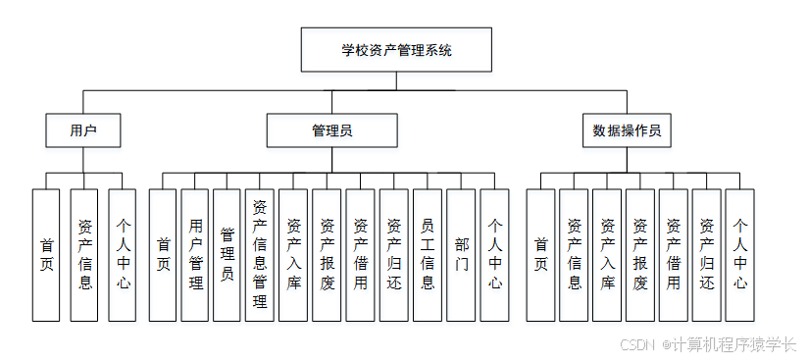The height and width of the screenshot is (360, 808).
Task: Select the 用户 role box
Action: [x=83, y=129]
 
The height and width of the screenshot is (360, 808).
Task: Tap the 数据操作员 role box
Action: [x=627, y=129]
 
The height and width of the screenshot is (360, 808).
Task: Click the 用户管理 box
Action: [x=195, y=255]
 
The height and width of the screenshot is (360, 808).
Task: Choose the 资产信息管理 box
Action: [x=260, y=255]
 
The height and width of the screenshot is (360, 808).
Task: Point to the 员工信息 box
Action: [x=428, y=255]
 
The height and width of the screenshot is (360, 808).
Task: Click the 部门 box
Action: [x=461, y=255]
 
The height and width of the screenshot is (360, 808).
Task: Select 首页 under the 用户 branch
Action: [x=46, y=255]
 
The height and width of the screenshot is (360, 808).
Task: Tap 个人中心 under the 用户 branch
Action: [x=123, y=255]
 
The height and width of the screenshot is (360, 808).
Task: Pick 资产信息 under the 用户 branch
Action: [x=84, y=255]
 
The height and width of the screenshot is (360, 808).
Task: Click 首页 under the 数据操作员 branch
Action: [x=540, y=255]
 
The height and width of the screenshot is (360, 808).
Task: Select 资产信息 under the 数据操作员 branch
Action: [x=574, y=255]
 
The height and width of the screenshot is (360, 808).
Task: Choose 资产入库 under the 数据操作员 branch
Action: [x=607, y=255]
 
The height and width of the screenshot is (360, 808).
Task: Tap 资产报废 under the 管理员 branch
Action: [x=327, y=255]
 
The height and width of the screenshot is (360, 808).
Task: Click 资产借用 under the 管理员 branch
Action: [x=360, y=255]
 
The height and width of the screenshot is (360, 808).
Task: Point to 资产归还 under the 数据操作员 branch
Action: [x=707, y=255]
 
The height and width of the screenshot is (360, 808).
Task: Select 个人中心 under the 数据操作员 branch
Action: [x=740, y=255]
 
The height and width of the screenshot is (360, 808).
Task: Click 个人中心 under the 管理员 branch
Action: [x=494, y=255]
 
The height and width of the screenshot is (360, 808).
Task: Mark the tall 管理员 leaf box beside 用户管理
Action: [x=227, y=255]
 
